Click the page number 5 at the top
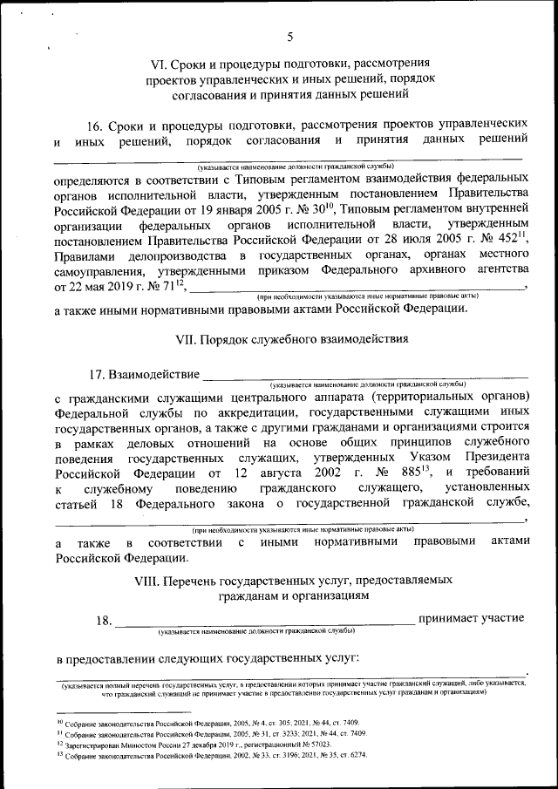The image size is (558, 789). [x=290, y=37]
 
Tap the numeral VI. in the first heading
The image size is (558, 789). [x=160, y=64]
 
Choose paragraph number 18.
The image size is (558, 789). [x=104, y=620]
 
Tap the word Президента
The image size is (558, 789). [x=489, y=456]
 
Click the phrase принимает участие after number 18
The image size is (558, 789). [x=471, y=618]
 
